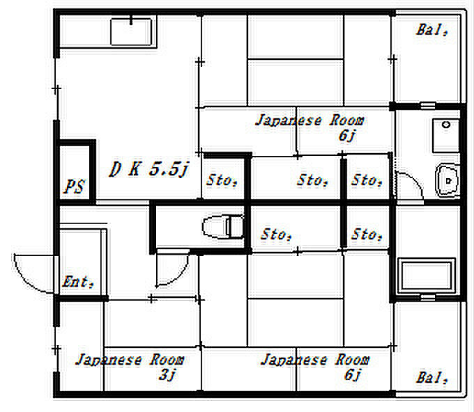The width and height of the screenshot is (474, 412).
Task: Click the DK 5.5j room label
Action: pos(149,169)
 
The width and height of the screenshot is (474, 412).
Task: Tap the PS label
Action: pos(75,187)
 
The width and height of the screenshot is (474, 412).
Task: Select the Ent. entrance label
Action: pos(78,282)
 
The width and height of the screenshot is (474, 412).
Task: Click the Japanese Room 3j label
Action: pos(130,367)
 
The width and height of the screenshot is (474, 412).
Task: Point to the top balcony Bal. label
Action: pos(431,30)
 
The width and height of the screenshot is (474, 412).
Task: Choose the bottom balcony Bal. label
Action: pos(431,378)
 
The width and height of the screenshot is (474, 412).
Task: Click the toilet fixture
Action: pos(223,226)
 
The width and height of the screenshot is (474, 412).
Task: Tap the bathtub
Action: pos(427,276)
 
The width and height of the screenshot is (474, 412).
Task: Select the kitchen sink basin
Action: pos(131,32)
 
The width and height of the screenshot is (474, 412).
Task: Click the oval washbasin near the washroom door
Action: pos(448,180)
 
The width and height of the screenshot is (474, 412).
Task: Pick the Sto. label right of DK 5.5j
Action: pos(222,180)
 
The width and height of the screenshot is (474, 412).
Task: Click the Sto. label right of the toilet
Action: pos(276,235)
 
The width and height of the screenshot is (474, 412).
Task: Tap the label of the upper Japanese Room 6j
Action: pos(310,127)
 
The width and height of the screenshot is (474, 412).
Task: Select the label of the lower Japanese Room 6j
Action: pos(314,367)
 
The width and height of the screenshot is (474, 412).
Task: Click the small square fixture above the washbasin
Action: pos(446,136)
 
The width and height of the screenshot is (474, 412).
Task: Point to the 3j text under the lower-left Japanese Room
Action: pos(167,374)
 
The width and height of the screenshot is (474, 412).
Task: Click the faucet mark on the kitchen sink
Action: pos(131,20)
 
